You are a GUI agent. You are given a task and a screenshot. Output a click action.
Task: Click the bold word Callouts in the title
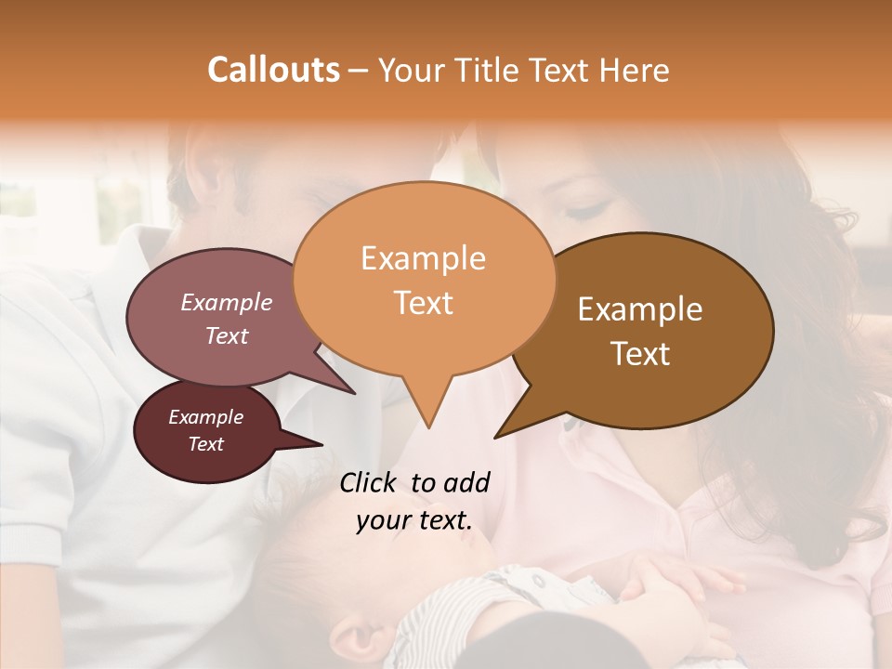tap(273, 70)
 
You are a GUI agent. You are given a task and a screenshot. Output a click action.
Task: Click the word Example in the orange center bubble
tap(423, 258)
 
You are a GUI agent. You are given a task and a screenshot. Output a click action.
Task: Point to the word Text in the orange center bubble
tap(423, 303)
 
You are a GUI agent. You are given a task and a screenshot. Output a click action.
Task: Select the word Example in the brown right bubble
tap(640, 309)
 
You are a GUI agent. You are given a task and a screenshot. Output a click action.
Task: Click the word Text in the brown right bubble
tap(641, 354)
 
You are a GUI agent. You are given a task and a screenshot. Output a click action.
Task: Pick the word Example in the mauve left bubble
tap(226, 303)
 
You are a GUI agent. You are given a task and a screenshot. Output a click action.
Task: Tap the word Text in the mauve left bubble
tap(226, 336)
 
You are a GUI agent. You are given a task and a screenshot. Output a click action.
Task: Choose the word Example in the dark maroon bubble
tap(205, 417)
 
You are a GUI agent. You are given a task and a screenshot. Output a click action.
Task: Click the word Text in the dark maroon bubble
tap(205, 444)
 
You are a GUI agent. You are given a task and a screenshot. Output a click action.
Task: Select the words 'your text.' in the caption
tap(413, 521)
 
